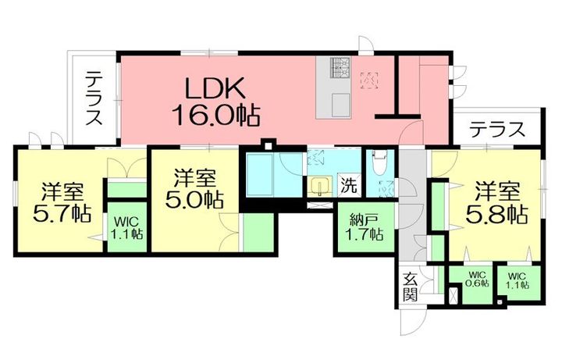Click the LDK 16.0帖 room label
click(215, 102)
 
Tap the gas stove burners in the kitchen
click(340, 67)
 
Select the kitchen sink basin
click(341, 105)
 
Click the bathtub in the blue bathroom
click(260, 174)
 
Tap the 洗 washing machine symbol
click(349, 185)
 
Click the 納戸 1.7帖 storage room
click(365, 228)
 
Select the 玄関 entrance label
click(410, 287)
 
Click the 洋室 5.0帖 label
click(194, 189)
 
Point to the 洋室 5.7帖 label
click(62, 202)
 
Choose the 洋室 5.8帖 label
click(497, 202)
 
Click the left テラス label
click(94, 98)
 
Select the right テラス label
click(497, 130)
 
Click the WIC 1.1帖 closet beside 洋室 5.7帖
click(126, 227)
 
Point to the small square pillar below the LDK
click(268, 145)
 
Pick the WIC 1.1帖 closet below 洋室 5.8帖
click(518, 280)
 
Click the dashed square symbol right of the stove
click(369, 80)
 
